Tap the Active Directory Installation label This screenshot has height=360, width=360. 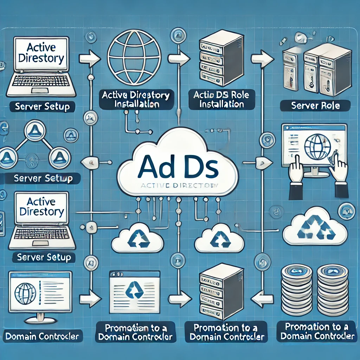pos(135,99)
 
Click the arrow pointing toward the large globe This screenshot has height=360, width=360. pos(90,57)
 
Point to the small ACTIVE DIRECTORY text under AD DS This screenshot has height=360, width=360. pos(180,185)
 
